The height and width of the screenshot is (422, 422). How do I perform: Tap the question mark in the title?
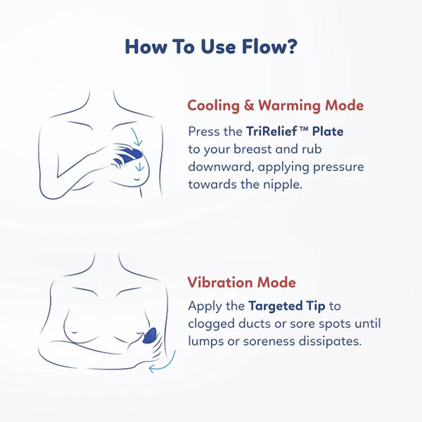291,46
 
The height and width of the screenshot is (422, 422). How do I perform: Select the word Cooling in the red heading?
214,105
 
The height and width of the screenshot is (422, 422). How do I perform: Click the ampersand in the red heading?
249,105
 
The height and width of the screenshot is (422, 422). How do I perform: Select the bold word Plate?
328,132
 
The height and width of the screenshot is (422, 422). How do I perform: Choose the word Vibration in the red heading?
220,283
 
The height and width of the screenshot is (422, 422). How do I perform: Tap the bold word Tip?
316,306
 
